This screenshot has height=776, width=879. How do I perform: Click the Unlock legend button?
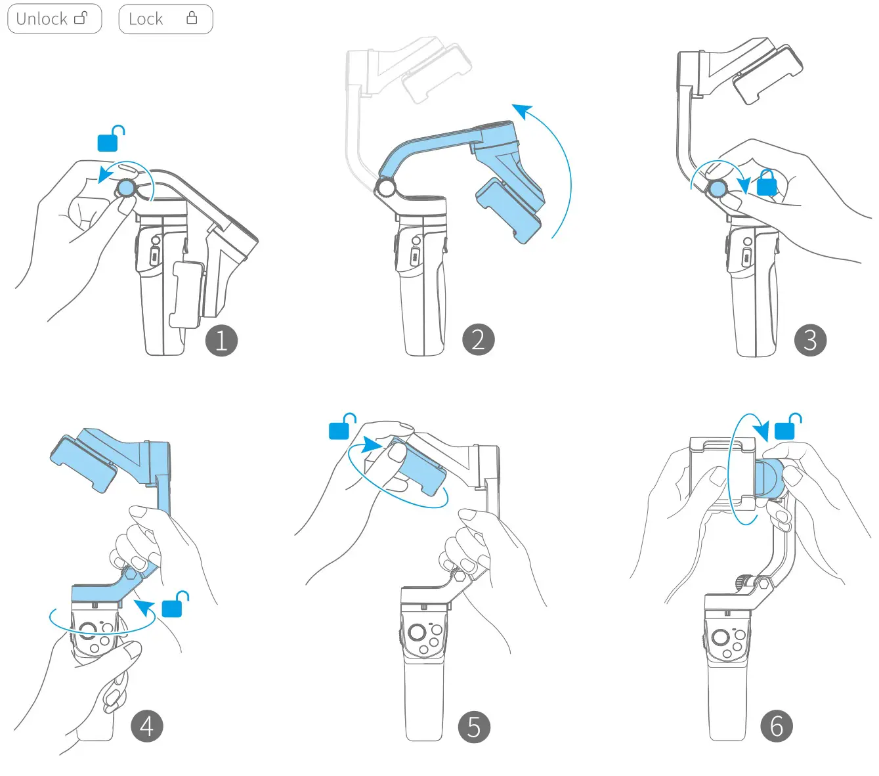(54, 19)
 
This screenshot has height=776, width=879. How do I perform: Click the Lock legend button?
(165, 19)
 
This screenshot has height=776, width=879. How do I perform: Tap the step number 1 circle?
(221, 340)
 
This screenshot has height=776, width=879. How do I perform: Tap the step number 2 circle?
(478, 339)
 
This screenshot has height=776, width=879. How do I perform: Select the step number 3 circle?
(810, 340)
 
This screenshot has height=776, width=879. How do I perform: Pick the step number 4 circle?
(146, 726)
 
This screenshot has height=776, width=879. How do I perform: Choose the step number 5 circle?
(474, 727)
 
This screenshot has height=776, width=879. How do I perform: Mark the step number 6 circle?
(777, 726)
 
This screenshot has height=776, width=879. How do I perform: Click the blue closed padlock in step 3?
(767, 184)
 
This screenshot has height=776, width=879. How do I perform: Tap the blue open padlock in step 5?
(340, 429)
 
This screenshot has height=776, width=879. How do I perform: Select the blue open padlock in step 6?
(786, 429)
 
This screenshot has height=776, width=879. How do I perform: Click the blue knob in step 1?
(125, 189)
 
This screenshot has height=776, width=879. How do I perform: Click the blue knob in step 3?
(718, 190)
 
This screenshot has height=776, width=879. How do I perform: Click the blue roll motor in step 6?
(769, 479)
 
